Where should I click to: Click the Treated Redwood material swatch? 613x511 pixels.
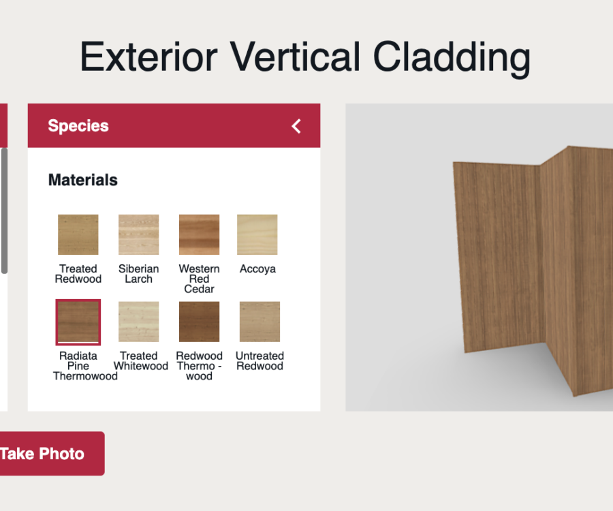[78, 234]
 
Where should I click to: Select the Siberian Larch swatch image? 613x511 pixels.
[138, 234]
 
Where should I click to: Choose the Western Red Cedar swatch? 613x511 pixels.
[199, 234]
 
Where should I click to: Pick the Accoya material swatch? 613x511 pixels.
[257, 234]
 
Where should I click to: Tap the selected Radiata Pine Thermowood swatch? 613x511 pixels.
[78, 322]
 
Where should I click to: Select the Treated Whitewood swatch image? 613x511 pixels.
[138, 322]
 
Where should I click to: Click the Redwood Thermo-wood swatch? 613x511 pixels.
[199, 322]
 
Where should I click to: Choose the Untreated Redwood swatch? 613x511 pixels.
[260, 322]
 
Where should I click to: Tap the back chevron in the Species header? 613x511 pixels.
[296, 126]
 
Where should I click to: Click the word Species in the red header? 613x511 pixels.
[78, 126]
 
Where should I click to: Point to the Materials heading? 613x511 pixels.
[82, 180]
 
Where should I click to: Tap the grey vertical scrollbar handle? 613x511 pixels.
[4, 211]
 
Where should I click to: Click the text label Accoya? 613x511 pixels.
[257, 269]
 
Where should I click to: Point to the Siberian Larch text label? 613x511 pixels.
[138, 274]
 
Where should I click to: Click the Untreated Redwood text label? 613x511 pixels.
[260, 361]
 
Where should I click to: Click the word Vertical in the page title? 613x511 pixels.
[296, 57]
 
